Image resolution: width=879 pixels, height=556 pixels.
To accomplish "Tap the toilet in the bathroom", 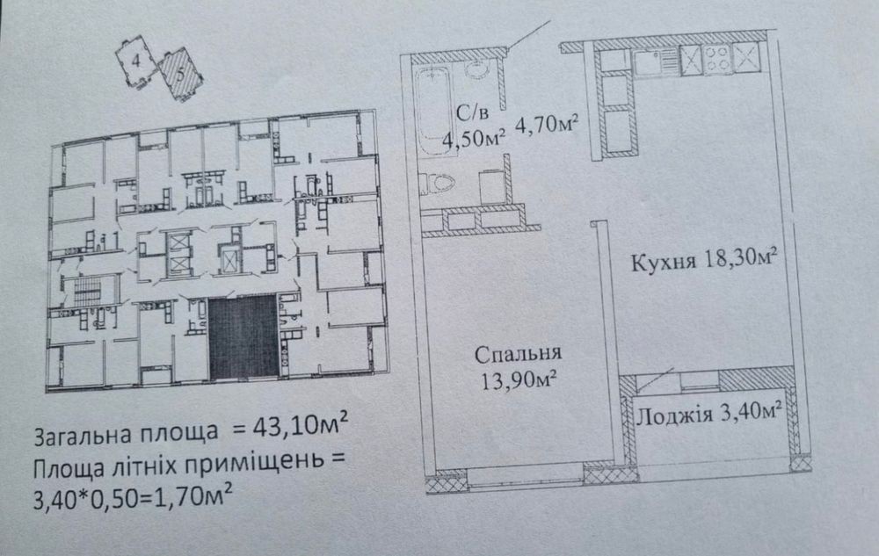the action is coord(436,183).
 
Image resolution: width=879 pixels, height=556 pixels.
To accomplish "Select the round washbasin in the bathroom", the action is coord(476,69).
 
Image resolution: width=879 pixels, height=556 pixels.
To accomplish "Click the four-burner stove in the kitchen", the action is coord(717,59).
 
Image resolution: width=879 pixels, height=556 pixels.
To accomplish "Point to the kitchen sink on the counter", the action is coord(656,61).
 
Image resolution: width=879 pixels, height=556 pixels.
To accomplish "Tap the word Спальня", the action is coord(518,353).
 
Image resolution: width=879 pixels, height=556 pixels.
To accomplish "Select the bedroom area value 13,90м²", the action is coord(519,380).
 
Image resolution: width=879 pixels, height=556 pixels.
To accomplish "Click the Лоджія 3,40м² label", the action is coord(709,414).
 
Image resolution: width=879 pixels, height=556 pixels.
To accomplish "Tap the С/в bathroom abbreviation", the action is coord(472,113).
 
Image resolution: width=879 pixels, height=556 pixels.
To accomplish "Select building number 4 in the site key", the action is coord(135,61).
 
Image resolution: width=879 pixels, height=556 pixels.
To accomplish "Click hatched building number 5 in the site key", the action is coord(179,76).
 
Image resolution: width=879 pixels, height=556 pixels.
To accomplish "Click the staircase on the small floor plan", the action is coord(87,291).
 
